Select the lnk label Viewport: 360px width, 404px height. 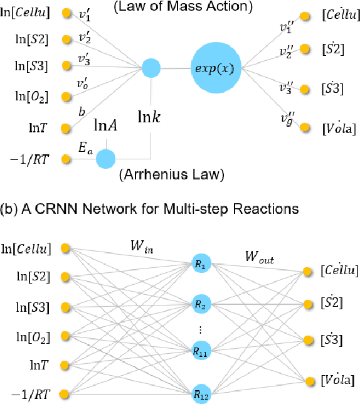152,117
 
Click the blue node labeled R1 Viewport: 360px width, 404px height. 199,266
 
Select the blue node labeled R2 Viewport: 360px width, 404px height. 199,304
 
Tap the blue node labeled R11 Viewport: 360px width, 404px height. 199,354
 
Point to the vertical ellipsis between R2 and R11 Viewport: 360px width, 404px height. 199,329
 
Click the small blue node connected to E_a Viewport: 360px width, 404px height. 106,159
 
